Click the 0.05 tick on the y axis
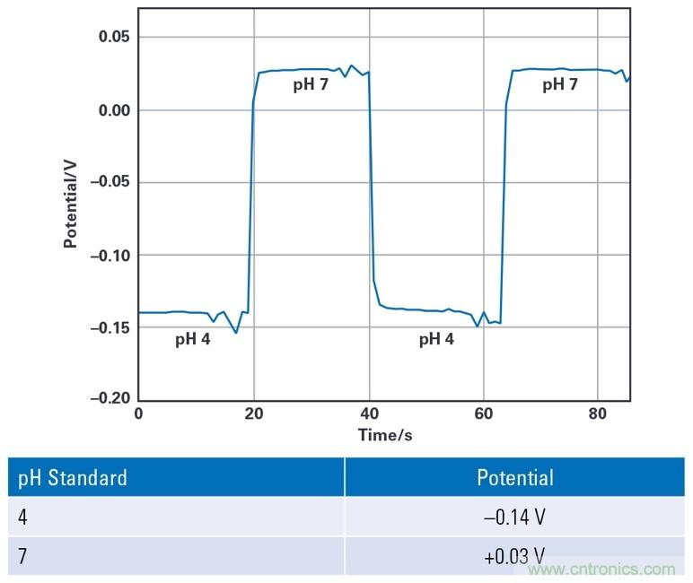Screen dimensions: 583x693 113,37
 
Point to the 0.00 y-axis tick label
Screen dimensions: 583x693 113,110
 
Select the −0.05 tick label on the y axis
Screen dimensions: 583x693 110,183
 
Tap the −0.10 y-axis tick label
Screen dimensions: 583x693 110,256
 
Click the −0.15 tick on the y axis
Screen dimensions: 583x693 110,328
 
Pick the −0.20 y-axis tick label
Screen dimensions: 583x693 110,398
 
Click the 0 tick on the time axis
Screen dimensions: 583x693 138,413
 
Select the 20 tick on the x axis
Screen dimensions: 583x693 253,413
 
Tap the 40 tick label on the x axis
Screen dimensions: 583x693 368,413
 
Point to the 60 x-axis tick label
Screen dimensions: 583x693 483,413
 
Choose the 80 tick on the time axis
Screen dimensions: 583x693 598,413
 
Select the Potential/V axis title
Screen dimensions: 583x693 70,204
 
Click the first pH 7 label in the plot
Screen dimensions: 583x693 311,85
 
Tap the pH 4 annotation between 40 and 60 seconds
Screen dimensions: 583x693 436,340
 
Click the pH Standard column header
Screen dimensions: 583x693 73,477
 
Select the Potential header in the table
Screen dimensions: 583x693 514,477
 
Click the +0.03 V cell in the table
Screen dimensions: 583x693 514,556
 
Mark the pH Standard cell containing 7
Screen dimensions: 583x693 22,556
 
